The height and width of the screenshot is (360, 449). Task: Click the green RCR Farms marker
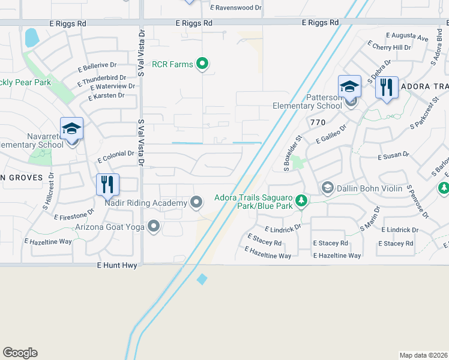[x=203, y=64]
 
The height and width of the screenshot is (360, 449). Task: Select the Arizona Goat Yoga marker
[x=154, y=227]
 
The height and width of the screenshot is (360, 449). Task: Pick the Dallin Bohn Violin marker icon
[x=327, y=188]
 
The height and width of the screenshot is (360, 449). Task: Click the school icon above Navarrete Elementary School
[x=71, y=129]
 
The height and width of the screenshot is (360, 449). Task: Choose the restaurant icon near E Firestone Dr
[x=108, y=185]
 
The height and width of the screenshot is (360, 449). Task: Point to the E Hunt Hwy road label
[x=118, y=265]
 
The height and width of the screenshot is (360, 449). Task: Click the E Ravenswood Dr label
[x=237, y=8]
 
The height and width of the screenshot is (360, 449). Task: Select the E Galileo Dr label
[x=331, y=133]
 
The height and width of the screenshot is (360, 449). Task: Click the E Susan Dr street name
[x=393, y=155]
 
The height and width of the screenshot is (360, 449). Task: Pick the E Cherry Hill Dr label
[x=391, y=47]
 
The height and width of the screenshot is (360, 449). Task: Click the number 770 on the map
[x=318, y=122]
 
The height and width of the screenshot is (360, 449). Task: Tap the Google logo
[x=20, y=353]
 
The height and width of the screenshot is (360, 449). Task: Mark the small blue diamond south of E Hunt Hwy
[x=202, y=279]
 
